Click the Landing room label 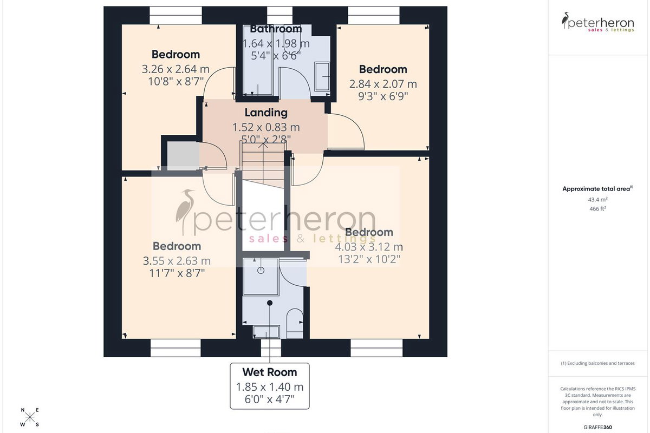266,113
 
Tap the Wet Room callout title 270,372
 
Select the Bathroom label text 276,29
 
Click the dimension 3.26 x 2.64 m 175,69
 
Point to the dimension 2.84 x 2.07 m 383,84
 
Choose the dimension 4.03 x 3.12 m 369,247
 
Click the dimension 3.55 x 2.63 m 177,261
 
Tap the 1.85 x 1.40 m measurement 270,387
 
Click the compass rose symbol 30,417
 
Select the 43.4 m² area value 597,200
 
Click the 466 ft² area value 597,208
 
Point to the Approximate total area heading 597,189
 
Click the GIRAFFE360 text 597,427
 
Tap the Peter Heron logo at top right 597,22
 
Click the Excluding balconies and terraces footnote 597,363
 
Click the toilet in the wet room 295,323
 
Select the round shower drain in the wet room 261,270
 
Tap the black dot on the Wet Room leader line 270,303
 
